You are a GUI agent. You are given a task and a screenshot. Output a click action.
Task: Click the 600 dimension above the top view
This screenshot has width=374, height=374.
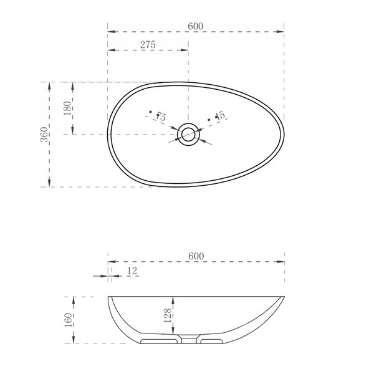[195, 26]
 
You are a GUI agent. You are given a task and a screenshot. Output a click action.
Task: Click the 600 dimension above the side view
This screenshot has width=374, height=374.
[196, 256]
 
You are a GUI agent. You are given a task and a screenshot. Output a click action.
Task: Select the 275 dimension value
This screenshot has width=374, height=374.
[148, 45]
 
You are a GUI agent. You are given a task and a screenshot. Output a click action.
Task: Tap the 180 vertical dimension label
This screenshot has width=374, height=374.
[68, 108]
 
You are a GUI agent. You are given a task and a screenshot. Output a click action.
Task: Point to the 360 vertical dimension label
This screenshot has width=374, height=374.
[44, 135]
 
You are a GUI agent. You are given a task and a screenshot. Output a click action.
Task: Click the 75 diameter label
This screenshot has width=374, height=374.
[161, 117]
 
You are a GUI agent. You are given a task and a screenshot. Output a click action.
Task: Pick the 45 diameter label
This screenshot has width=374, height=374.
[220, 115]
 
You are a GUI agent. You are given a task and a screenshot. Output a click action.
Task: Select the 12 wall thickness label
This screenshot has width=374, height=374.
[132, 271]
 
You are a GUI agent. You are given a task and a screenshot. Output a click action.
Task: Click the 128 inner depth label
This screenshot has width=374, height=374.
[168, 315]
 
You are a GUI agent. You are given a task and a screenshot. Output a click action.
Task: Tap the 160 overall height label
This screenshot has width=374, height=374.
[69, 320]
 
